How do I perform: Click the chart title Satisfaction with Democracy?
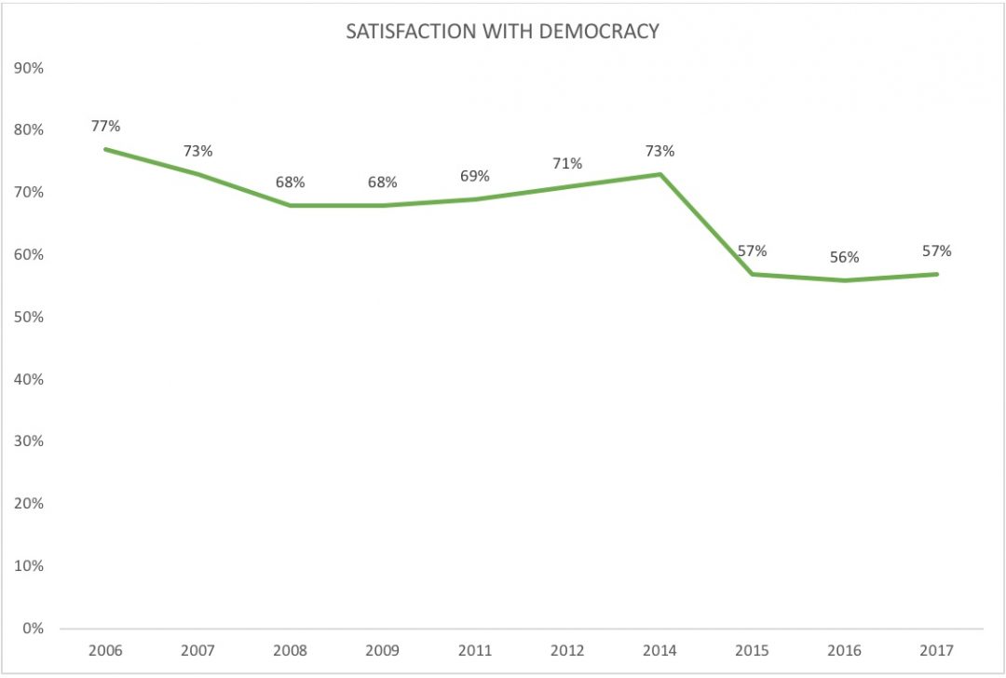pyautogui.click(x=502, y=31)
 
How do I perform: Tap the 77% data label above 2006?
pyautogui.click(x=105, y=126)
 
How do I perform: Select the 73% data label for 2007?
pyautogui.click(x=197, y=151)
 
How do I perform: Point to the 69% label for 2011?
pyautogui.click(x=475, y=176)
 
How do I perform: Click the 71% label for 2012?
pyautogui.click(x=567, y=163)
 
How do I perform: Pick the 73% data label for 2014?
pyautogui.click(x=659, y=151)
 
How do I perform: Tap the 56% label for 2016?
pyautogui.click(x=844, y=257)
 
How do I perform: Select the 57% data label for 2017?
pyautogui.click(x=936, y=251)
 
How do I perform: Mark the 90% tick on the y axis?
pyautogui.click(x=30, y=68)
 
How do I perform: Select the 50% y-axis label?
pyautogui.click(x=30, y=317)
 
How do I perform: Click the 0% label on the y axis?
pyautogui.click(x=34, y=628)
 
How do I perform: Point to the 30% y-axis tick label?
pyautogui.click(x=30, y=441)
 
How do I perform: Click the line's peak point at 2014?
pyautogui.click(x=659, y=174)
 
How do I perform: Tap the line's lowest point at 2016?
pyautogui.click(x=844, y=280)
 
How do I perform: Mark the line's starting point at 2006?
pyautogui.click(x=105, y=149)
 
